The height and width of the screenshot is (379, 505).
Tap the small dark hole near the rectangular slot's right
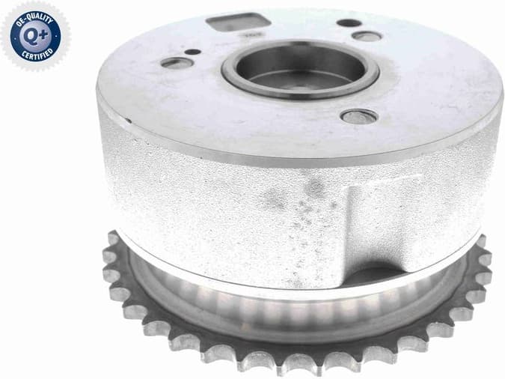[349, 22]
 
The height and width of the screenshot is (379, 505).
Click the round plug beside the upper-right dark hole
[367, 35]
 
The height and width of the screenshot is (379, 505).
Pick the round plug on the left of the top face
[177, 62]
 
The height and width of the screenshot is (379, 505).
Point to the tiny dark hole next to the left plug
[192, 52]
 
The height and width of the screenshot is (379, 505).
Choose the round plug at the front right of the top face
[358, 116]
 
